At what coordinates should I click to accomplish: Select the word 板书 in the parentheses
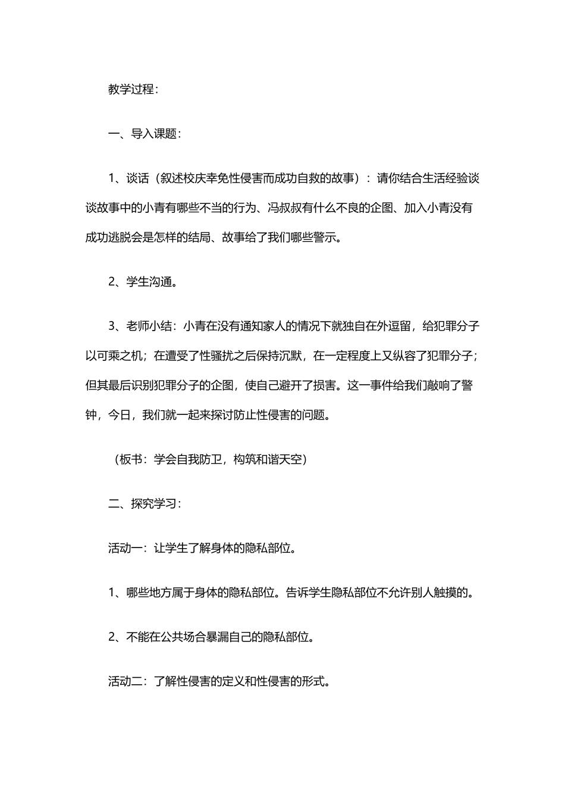point(131,460)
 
